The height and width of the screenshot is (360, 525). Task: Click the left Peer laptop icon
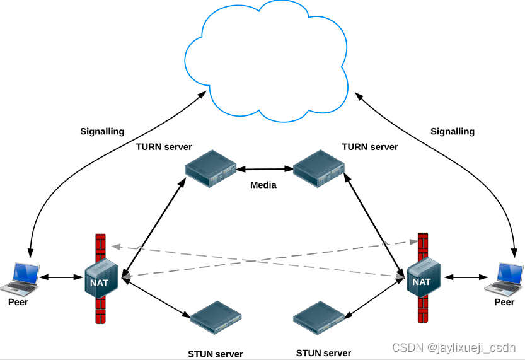click(20, 278)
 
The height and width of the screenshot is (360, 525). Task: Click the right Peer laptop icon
click(504, 278)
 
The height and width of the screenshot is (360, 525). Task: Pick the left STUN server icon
click(216, 316)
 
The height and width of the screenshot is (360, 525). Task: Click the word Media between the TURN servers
click(263, 185)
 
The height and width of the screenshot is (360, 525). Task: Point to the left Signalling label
click(102, 132)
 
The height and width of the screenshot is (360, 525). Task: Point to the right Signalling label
click(453, 132)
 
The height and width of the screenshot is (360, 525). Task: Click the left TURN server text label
click(164, 147)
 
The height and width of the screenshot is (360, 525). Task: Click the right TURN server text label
click(370, 147)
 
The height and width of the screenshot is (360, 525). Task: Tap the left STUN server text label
click(216, 354)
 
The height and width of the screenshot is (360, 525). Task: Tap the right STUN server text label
click(324, 352)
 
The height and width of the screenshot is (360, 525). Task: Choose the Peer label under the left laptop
click(18, 302)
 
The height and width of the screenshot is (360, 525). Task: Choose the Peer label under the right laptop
click(504, 302)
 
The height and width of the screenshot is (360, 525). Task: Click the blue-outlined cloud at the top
click(268, 60)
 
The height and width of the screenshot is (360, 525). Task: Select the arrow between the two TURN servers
click(264, 169)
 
